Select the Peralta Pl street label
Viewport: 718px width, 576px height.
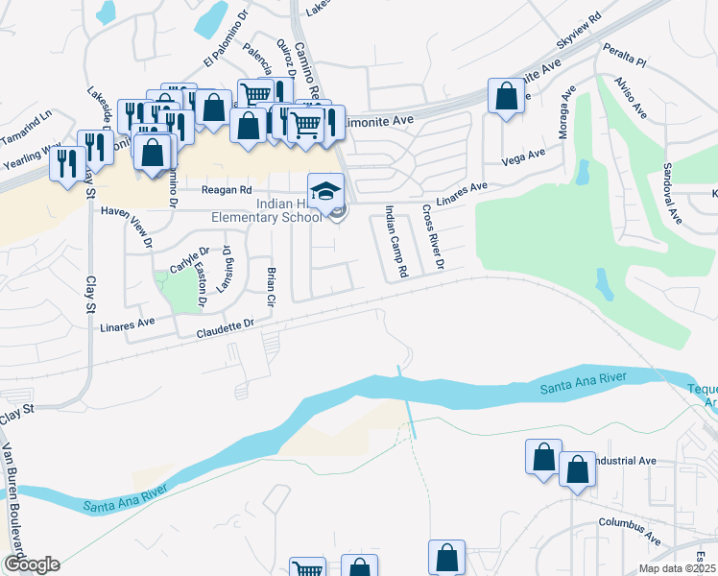click(x=625, y=52)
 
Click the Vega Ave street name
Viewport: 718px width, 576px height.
click(x=523, y=155)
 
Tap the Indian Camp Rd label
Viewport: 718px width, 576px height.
click(x=396, y=240)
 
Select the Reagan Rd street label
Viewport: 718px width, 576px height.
click(x=226, y=190)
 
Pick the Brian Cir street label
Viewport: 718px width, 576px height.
click(x=271, y=284)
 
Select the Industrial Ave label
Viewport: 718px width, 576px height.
click(x=624, y=461)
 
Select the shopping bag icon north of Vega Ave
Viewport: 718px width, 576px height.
click(x=506, y=97)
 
